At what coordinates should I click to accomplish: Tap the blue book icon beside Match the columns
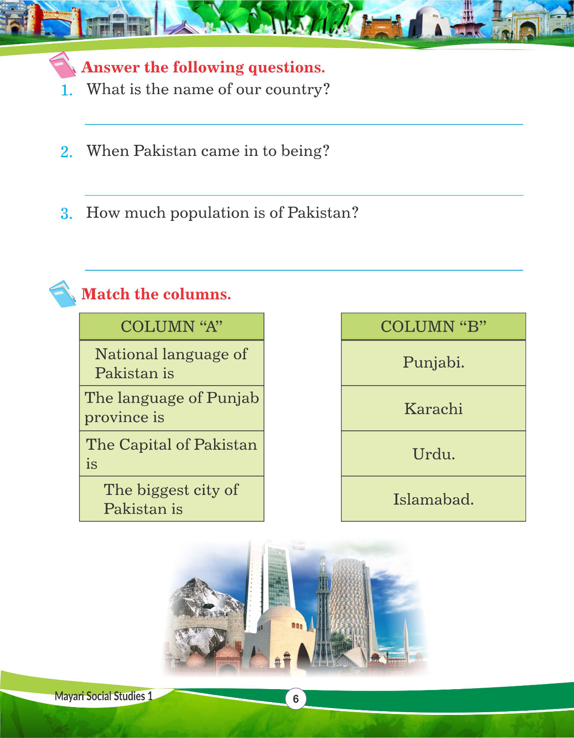tap(62, 294)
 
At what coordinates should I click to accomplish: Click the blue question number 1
tap(67, 90)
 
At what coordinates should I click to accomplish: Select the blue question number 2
tap(66, 152)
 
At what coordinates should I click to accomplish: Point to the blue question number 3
tap(66, 214)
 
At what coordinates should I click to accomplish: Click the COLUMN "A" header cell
tap(172, 327)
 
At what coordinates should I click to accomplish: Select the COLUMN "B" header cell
tap(433, 327)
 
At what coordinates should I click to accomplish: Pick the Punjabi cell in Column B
tap(433, 363)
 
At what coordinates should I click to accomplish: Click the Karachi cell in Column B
tap(433, 409)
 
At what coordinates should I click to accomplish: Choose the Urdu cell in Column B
tap(433, 454)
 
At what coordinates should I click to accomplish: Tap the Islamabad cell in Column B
tap(433, 499)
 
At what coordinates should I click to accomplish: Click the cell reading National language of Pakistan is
tap(172, 363)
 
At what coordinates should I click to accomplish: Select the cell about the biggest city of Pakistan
tap(172, 499)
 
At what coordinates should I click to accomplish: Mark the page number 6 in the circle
tap(296, 699)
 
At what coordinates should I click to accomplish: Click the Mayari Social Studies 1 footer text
tap(103, 696)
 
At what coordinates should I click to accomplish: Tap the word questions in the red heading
tap(286, 67)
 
